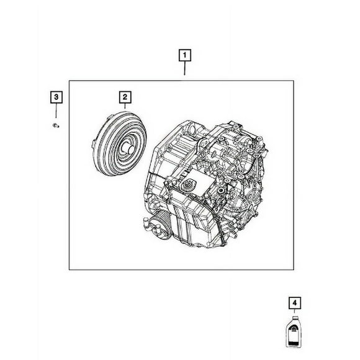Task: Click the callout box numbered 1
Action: (184, 55)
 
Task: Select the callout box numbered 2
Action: (124, 96)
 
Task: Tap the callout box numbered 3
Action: (56, 96)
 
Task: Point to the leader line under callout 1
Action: (184, 70)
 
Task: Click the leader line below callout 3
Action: (56, 112)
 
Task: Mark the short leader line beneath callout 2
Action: (124, 107)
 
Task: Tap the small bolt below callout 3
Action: (56, 126)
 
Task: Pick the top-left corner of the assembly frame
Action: (69, 79)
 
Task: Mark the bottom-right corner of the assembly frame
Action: (295, 269)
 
